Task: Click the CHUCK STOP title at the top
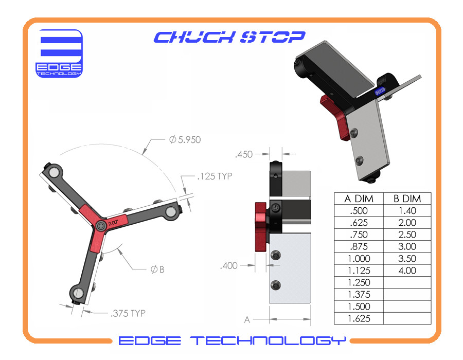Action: [229, 37]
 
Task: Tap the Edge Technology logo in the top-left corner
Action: [59, 53]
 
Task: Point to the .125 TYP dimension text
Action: [214, 176]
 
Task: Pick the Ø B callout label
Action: [157, 269]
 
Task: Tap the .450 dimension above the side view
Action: [245, 153]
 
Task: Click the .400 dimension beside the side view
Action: [229, 266]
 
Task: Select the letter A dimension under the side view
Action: [247, 319]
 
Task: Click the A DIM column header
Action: [359, 199]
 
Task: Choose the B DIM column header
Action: [407, 199]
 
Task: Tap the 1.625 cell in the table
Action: [359, 318]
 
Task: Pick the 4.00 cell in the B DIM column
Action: [407, 271]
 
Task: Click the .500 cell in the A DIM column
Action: [359, 210]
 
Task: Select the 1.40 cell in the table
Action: [407, 210]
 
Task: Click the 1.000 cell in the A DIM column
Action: [359, 258]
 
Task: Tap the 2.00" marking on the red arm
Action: [113, 222]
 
